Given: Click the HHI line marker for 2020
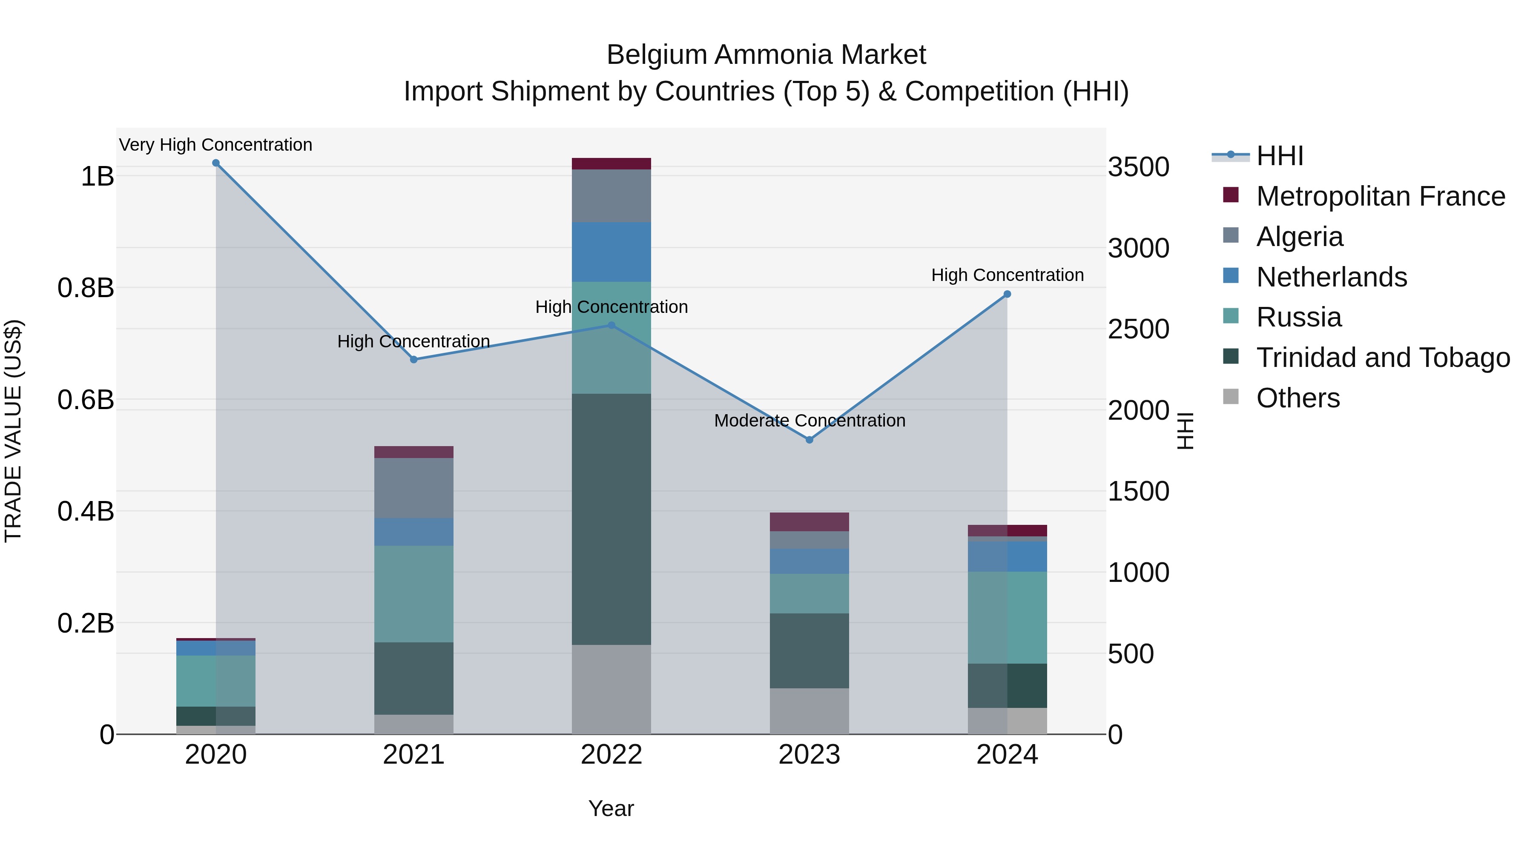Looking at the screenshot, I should coord(216,163).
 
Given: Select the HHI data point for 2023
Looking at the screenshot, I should coord(810,440).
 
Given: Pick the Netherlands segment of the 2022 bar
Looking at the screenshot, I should coord(611,252).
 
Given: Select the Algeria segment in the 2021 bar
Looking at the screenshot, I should coord(413,488).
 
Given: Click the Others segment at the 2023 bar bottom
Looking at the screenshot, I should coord(810,711).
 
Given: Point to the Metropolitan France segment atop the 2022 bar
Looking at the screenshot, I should coord(611,163).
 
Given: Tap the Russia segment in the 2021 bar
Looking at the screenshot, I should coord(413,594).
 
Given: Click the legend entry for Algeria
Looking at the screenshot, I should coord(1300,237).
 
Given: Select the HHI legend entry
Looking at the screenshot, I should coord(1280,156).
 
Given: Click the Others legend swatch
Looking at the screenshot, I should coord(1231,397).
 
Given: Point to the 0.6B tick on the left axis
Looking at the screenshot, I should coord(86,400).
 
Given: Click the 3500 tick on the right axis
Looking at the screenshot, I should coord(1138,167).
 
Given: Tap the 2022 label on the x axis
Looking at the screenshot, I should coord(611,755).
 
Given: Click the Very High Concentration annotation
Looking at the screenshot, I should coord(215,145).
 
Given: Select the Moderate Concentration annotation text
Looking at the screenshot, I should coord(810,421).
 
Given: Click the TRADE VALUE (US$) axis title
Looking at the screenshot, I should coord(13,431).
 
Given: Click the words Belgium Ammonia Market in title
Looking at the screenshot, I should coord(766,55).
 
